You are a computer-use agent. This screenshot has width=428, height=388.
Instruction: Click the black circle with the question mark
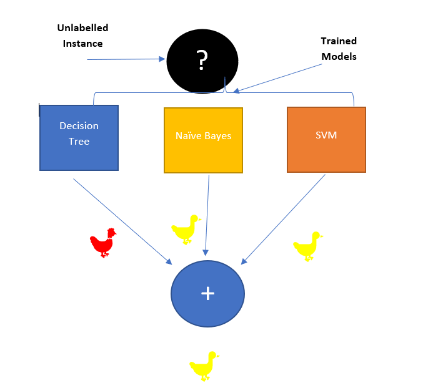pos(202,61)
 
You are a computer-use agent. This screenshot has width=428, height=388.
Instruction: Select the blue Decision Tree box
pos(79,138)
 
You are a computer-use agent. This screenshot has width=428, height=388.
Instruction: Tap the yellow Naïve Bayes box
pos(203,140)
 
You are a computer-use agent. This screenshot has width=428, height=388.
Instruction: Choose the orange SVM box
pos(326,140)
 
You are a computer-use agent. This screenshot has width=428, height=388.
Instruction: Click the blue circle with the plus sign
pos(208,293)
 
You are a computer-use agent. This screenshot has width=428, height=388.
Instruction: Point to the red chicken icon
pos(103,242)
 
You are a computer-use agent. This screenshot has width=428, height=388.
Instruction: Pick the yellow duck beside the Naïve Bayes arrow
pos(186,229)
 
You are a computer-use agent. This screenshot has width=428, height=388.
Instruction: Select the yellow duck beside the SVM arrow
pos(307,246)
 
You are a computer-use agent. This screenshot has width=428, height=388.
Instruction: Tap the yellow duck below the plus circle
pos(204,366)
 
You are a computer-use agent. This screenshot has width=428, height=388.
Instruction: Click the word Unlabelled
pos(82,28)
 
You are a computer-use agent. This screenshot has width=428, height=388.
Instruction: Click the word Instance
pos(82,44)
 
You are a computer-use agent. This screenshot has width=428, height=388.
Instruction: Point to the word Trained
pos(339,41)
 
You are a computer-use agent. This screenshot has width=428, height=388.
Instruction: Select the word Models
pos(339,56)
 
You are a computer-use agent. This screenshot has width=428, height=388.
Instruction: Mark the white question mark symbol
pos(202,60)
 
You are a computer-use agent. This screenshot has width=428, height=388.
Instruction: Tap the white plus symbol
pos(208,293)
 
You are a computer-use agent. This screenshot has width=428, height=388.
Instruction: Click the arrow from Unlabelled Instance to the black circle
pos(125,59)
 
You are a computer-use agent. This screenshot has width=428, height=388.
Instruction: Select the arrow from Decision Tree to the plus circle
pos(122,220)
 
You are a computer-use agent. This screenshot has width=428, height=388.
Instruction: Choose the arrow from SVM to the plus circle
pos(284,218)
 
